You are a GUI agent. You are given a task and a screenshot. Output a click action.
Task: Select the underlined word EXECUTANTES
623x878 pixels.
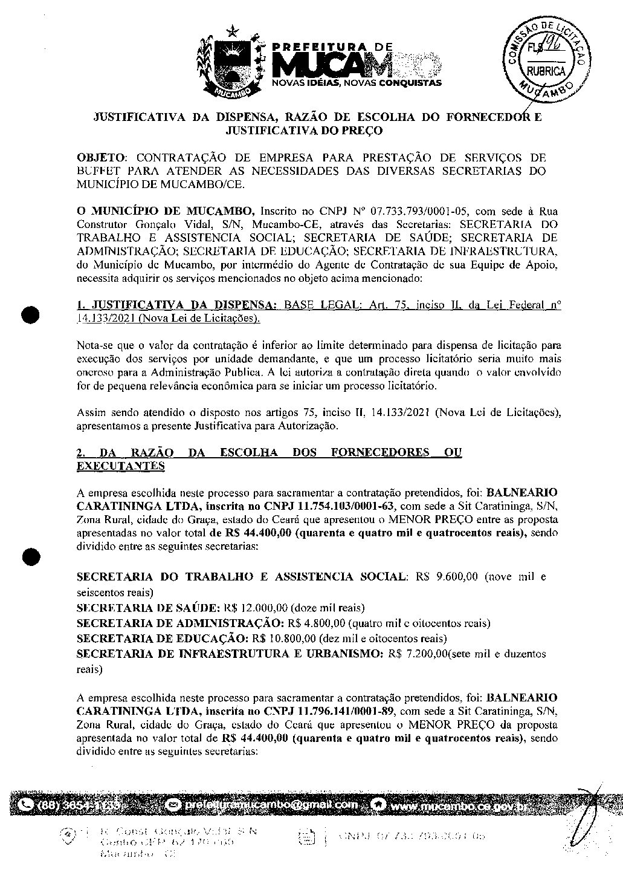pos(120,466)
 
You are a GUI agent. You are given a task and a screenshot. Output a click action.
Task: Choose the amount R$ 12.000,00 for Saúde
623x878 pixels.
pos(256,608)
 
